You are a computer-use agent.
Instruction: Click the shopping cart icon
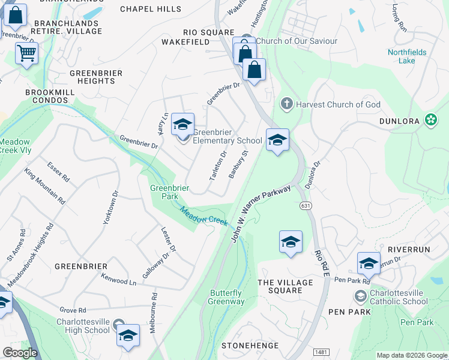[x=26, y=54]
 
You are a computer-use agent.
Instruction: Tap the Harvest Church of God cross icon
[x=286, y=104]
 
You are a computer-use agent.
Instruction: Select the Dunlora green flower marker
[x=430, y=120]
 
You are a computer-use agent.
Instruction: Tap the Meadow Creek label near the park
[x=204, y=217]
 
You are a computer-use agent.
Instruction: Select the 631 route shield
[x=305, y=206]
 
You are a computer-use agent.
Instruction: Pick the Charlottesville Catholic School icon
[x=360, y=296]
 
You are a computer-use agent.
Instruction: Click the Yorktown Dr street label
[x=110, y=208]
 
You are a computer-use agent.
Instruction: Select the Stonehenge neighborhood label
[x=250, y=346]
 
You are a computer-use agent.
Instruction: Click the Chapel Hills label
[x=150, y=9]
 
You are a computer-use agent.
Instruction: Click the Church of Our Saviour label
[x=297, y=41]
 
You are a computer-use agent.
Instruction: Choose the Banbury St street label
[x=238, y=165]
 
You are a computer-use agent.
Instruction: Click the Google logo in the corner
[x=20, y=353]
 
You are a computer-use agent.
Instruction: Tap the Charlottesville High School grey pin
[x=119, y=324]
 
